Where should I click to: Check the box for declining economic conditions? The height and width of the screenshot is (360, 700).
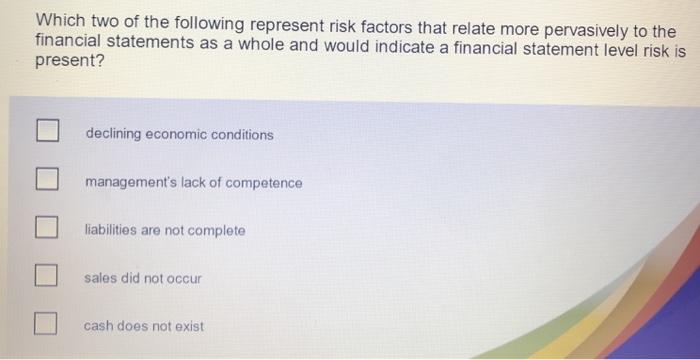[x=46, y=131]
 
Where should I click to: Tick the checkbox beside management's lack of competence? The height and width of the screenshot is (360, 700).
[x=46, y=180]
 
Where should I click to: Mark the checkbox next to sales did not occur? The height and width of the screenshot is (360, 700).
[x=46, y=275]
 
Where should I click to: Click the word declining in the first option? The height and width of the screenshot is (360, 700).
[x=113, y=134]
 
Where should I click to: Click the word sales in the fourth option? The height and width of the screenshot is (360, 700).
[x=101, y=278]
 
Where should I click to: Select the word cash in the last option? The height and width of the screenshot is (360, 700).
[x=98, y=325]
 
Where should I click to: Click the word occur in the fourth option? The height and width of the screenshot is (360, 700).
[x=184, y=278]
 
